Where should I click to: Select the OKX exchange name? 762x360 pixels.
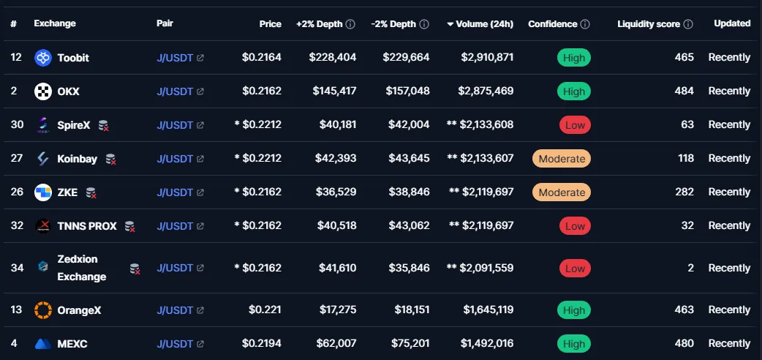click(x=68, y=91)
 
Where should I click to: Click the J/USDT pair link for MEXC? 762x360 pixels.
click(x=175, y=344)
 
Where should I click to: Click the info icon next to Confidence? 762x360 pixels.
click(x=585, y=24)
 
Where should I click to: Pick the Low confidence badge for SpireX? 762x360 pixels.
click(x=575, y=125)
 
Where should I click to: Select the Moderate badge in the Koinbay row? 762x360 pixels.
click(x=562, y=159)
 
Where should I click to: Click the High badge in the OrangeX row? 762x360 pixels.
click(x=574, y=310)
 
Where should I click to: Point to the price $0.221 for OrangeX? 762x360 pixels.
click(x=265, y=310)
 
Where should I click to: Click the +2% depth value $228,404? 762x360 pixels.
click(x=333, y=57)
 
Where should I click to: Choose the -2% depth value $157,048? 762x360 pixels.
click(x=406, y=91)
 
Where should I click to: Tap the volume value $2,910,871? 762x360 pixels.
click(x=486, y=57)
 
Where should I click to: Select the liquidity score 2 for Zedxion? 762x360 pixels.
click(x=690, y=269)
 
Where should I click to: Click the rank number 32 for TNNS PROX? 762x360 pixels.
click(x=17, y=226)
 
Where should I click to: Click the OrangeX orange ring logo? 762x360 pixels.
click(x=43, y=310)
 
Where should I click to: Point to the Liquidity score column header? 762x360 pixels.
click(x=649, y=24)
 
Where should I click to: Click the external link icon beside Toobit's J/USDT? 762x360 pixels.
click(x=200, y=58)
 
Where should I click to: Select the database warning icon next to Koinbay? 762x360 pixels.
click(x=110, y=159)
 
